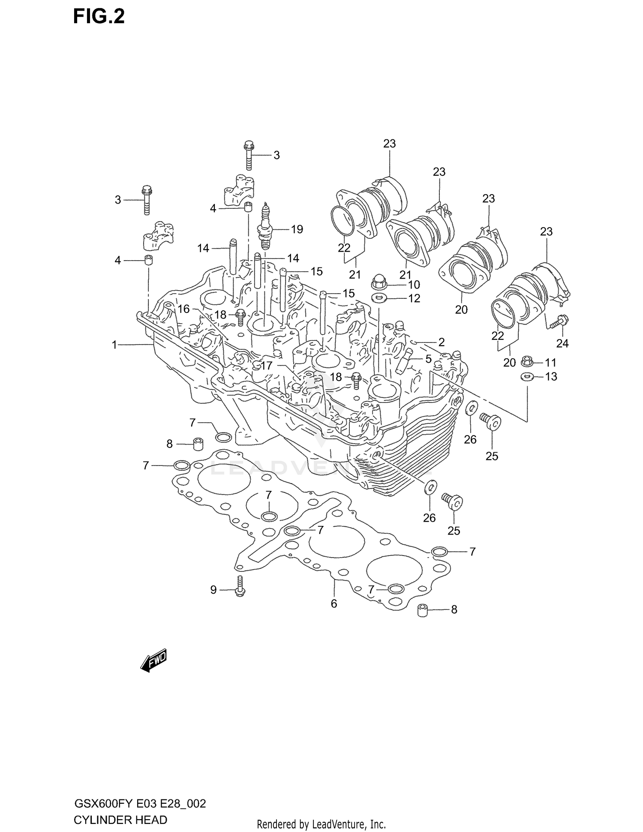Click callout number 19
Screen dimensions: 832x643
coord(297,229)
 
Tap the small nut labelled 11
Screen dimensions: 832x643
coord(526,362)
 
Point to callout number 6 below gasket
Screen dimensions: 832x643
coord(334,604)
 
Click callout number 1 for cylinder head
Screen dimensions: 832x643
coord(114,345)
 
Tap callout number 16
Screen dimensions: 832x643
coord(183,309)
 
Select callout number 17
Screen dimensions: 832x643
coord(267,366)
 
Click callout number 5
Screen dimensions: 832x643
coord(428,359)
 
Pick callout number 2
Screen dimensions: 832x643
coord(441,342)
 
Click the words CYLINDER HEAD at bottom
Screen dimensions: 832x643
coord(120,820)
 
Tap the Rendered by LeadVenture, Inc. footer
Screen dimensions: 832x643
coord(321,824)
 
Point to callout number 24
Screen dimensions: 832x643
coord(562,343)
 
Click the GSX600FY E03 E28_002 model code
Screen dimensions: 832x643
coord(140,803)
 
